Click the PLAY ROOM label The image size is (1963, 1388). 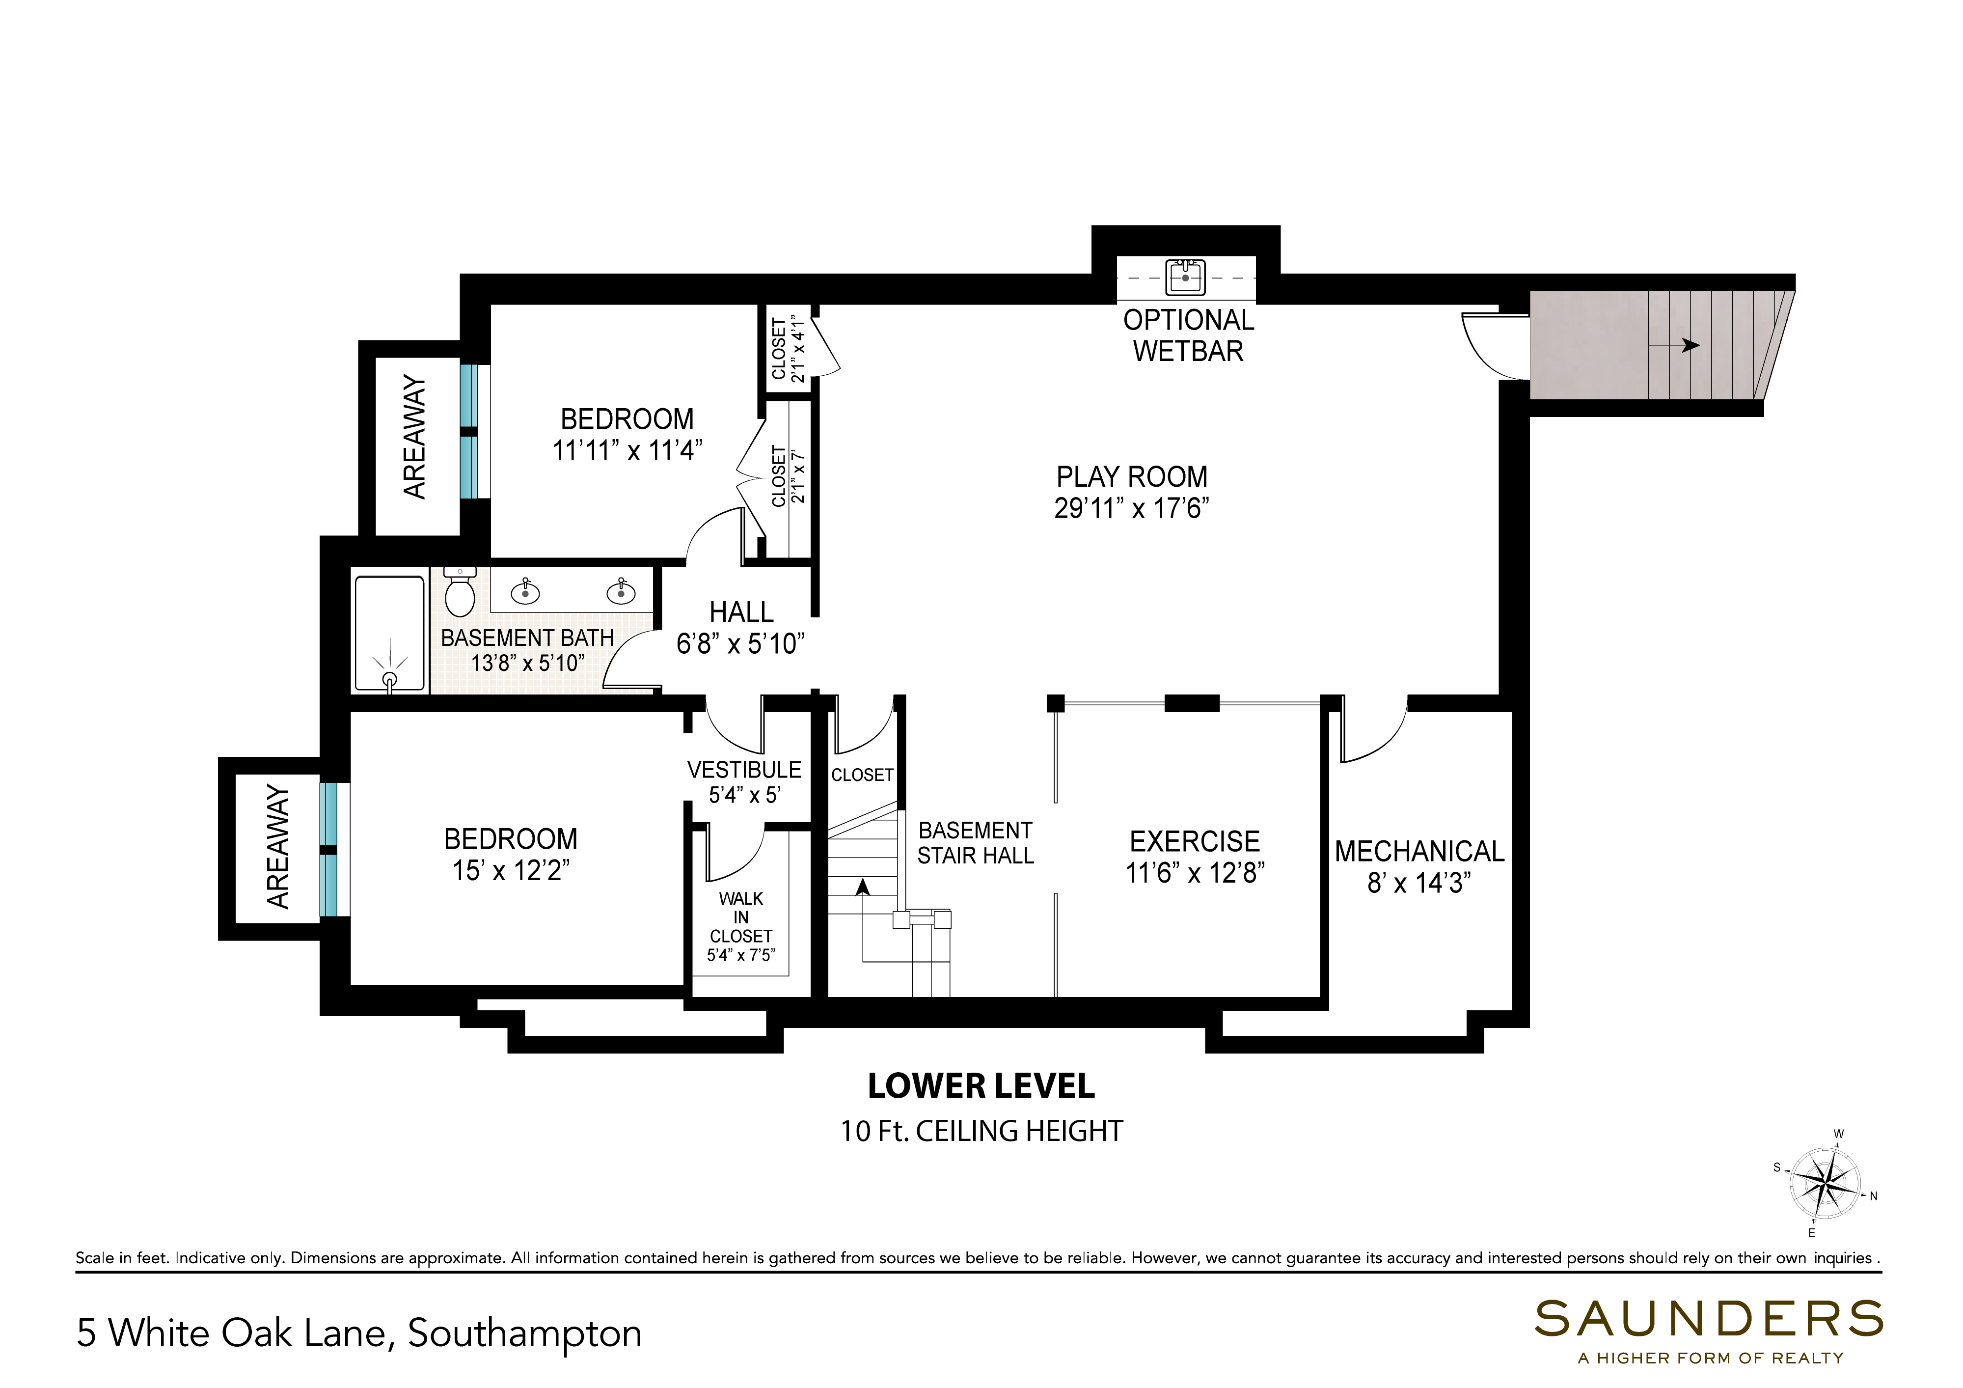click(x=1131, y=476)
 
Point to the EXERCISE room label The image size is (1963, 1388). click(x=1195, y=841)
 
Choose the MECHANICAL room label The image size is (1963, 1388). click(x=1419, y=852)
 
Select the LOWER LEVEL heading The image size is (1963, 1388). click(x=981, y=1086)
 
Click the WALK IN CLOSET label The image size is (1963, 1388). click(x=740, y=917)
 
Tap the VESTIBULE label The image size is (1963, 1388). click(x=744, y=770)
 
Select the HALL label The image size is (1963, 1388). click(x=741, y=612)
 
